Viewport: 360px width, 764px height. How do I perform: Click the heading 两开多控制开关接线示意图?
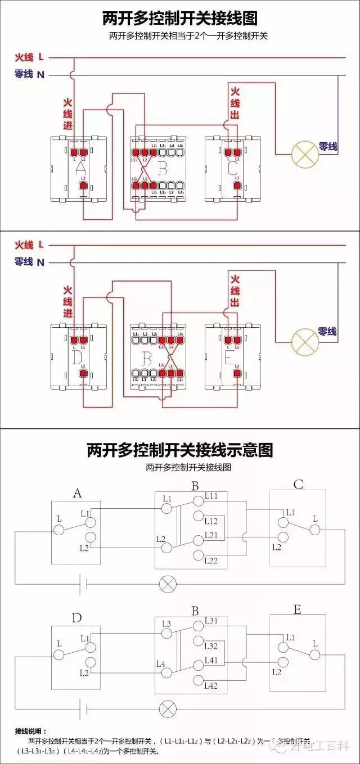point(179,450)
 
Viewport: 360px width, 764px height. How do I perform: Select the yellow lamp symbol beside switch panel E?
point(304,340)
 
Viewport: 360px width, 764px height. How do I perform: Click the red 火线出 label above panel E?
point(235,291)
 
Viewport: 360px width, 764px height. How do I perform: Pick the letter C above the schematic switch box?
point(298,485)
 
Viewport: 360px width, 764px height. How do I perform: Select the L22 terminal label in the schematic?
point(211,560)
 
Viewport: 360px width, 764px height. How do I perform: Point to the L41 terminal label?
point(211,660)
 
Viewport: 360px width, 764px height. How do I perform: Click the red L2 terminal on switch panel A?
point(83,185)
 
